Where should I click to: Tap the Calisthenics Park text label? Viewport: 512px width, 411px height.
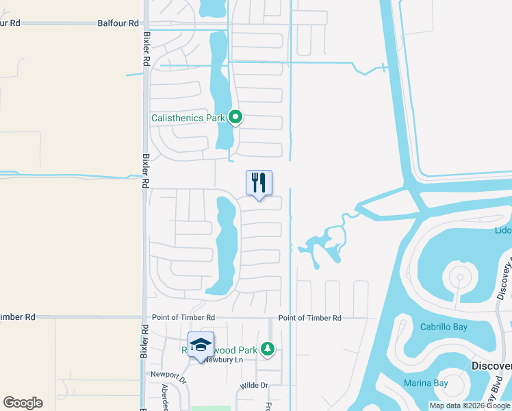tap(188, 118)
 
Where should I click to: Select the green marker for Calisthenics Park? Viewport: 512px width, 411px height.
tap(235, 118)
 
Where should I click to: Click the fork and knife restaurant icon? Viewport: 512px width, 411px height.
tap(259, 183)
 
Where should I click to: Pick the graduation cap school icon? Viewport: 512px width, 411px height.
tap(201, 345)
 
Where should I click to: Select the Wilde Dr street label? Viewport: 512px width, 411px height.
tap(253, 386)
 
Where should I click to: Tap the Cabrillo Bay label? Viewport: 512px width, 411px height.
tap(444, 327)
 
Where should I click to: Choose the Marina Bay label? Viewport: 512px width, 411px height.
tap(424, 383)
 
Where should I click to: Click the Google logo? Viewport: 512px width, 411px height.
tap(23, 403)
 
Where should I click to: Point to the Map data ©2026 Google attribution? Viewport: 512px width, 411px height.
tap(470, 406)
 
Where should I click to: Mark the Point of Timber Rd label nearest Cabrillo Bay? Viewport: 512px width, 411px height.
tap(309, 318)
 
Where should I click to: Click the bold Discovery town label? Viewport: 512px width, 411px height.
tap(491, 366)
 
